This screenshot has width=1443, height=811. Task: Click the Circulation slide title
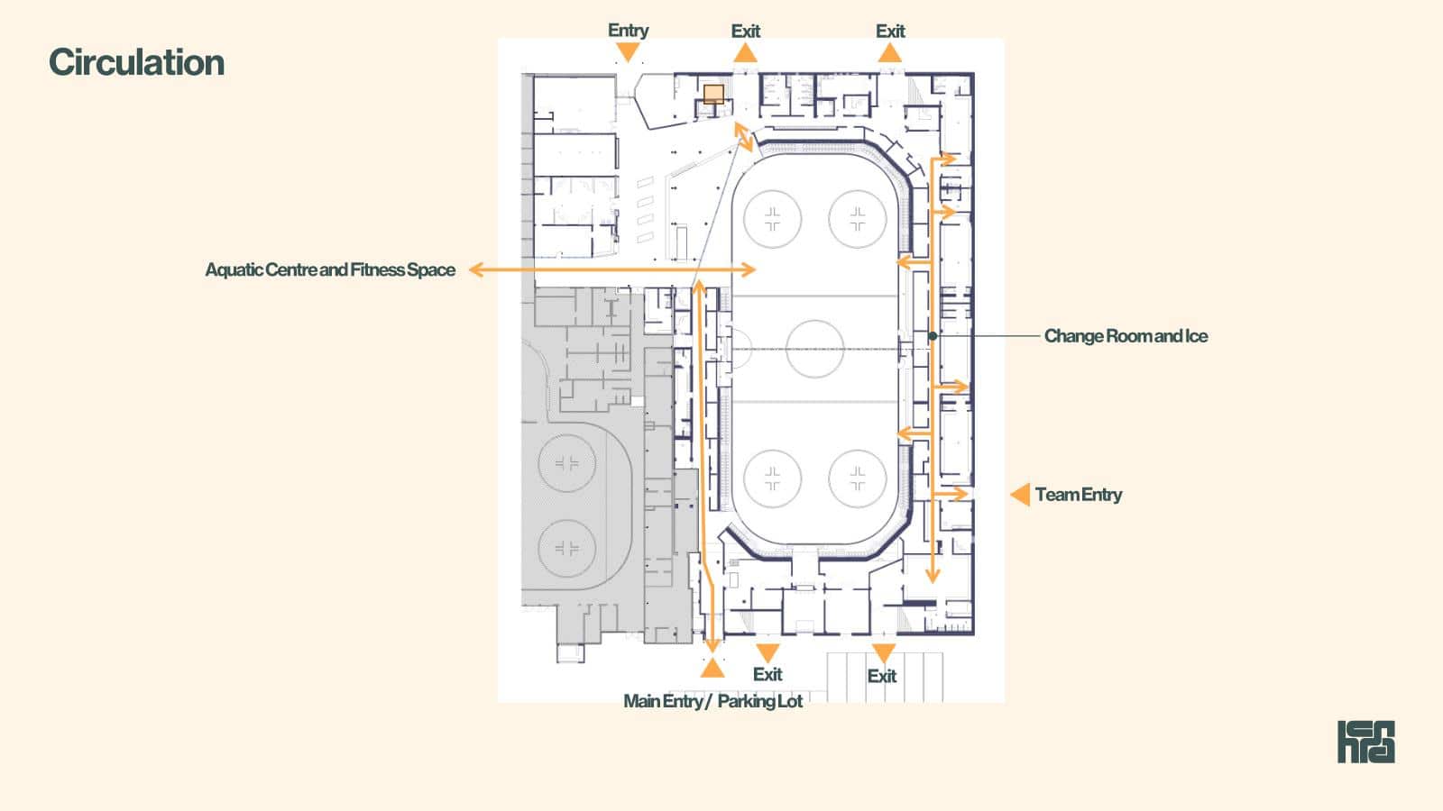tap(136, 62)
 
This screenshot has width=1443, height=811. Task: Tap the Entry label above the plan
tap(628, 31)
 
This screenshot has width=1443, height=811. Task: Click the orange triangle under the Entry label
tap(628, 52)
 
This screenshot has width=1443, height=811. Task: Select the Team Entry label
tap(1079, 495)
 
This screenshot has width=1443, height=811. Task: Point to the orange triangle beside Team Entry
tap(1020, 495)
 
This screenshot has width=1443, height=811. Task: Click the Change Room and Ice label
tap(1126, 336)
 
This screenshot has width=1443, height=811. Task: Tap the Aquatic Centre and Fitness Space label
tap(330, 269)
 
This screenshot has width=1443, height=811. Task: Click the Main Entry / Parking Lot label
tap(712, 701)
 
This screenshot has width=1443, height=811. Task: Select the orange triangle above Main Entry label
tap(712, 668)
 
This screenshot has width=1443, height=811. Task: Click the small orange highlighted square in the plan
tap(713, 94)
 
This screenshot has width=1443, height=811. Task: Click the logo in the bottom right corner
tap(1365, 742)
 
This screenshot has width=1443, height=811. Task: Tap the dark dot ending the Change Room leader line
tap(933, 336)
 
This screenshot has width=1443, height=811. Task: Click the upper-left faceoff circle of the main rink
tap(772, 190)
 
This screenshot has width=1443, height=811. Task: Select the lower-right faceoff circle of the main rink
tap(858, 450)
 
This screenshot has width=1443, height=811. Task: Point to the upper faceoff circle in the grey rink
tap(567, 434)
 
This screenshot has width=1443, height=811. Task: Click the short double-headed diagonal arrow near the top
tap(743, 137)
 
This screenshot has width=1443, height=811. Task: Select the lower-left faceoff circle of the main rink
tap(772, 450)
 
